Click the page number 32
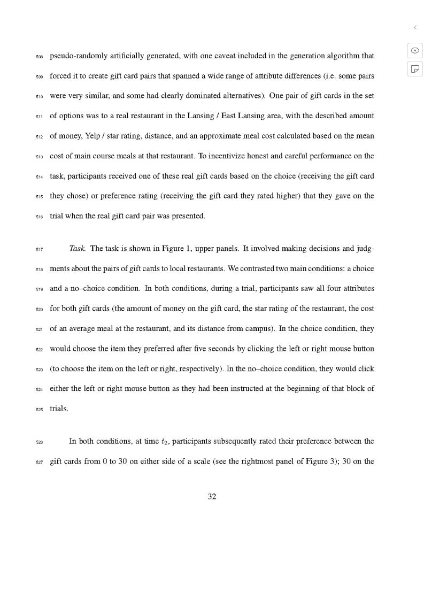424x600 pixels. [x=212, y=497]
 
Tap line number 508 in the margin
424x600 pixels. [x=39, y=57]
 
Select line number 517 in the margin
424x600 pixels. [x=39, y=249]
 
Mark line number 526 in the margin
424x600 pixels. [x=39, y=442]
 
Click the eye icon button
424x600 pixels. [x=415, y=50]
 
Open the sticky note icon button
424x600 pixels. [x=415, y=68]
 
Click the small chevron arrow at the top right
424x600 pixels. [x=415, y=27]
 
